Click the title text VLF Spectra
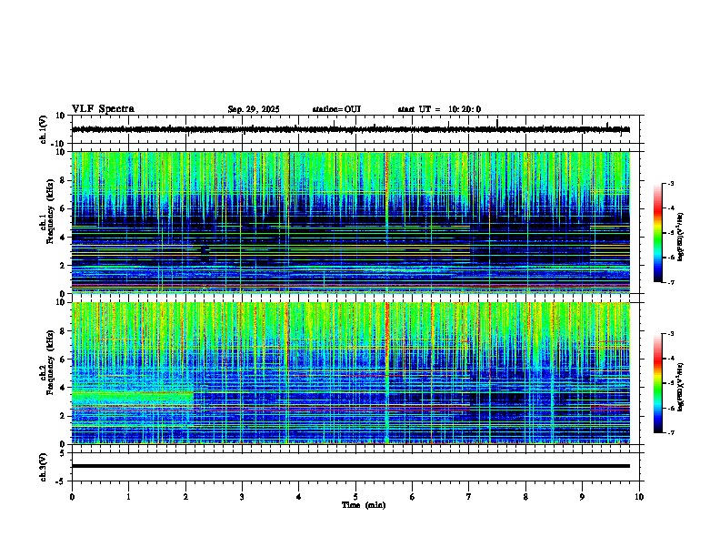[103, 109]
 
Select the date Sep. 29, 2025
[254, 109]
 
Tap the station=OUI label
[336, 109]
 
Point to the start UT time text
[439, 109]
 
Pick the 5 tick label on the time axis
[355, 497]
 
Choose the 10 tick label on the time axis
[639, 497]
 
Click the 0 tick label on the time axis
[72, 497]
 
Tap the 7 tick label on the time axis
[469, 497]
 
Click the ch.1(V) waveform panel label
[43, 129]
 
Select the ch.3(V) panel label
[43, 465]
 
